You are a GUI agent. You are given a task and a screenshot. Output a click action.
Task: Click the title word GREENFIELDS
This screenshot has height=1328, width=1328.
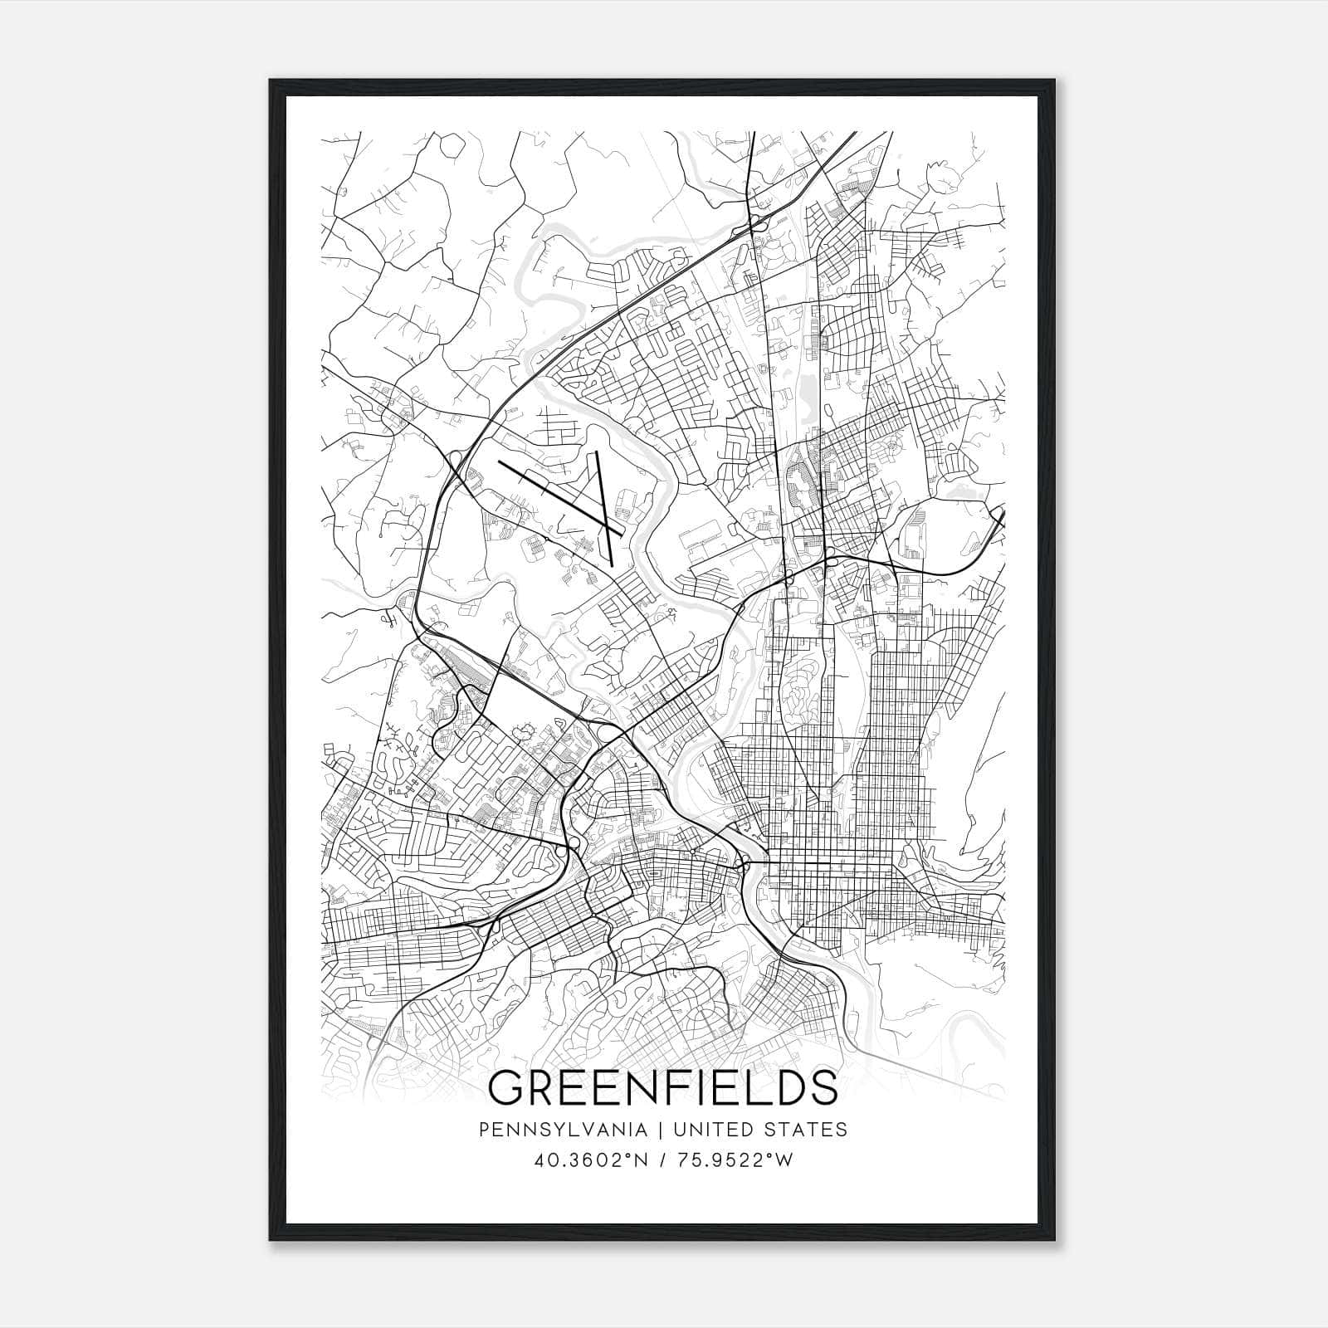662,1087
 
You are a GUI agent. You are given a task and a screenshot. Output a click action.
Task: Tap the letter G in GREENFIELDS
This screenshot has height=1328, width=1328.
509,1087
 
